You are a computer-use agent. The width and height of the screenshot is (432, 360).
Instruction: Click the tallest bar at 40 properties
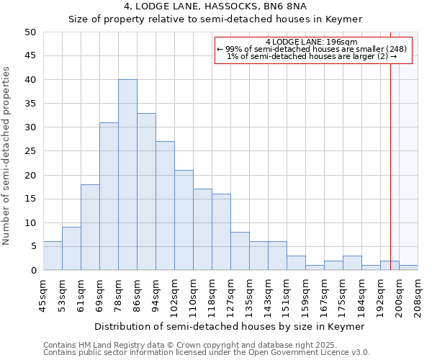127,175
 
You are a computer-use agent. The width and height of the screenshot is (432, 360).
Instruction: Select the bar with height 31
109,197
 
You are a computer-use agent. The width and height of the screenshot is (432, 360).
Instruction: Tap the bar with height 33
146,192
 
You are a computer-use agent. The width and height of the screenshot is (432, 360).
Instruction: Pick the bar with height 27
165,206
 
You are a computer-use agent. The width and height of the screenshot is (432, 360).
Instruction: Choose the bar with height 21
184,220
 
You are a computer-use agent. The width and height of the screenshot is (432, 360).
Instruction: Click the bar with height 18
90,228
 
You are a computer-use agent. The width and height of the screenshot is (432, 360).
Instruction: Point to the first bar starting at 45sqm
53,256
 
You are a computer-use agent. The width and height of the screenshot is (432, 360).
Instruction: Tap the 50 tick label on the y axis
30,32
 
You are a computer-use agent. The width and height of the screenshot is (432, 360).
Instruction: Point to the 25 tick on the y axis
30,151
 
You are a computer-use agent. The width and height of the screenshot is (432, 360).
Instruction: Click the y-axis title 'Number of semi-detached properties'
6,156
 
